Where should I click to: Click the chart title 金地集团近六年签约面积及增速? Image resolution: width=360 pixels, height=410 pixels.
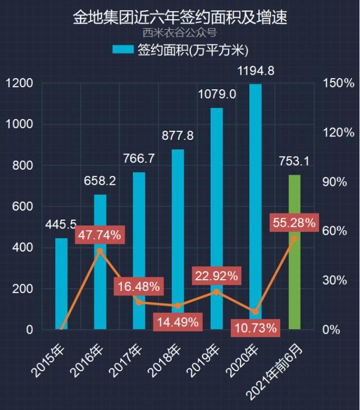tap(180, 17)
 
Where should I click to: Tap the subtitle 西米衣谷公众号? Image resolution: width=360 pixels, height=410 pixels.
tap(180, 33)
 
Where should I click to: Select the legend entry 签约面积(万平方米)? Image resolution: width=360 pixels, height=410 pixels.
tap(180, 49)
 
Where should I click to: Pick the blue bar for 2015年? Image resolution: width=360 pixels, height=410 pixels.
tap(61, 284)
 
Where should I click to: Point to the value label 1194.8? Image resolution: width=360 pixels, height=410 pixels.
tap(256, 71)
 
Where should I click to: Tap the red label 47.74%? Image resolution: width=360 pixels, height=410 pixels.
tap(99, 235)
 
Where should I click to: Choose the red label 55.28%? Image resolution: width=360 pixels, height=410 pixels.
tap(294, 223)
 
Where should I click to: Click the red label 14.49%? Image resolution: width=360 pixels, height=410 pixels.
tap(177, 322)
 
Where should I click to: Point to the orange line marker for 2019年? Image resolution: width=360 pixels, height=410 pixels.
tap(216, 292)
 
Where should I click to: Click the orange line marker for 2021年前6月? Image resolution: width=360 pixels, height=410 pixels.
tap(294, 239)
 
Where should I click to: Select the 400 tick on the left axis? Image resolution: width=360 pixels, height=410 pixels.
tap(24, 248)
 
